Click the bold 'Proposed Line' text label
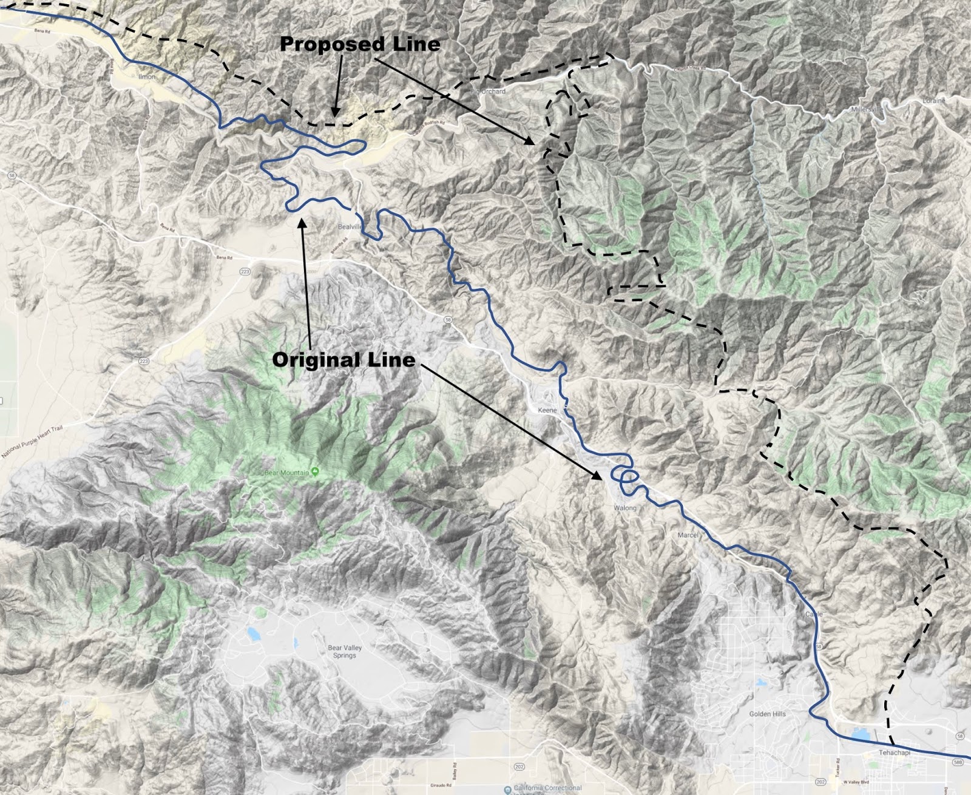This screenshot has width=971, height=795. (x=360, y=44)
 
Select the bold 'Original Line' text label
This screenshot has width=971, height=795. (x=343, y=360)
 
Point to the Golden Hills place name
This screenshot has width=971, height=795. (x=767, y=714)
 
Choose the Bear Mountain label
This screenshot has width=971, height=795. (x=287, y=473)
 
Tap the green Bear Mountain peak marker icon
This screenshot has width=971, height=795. (x=316, y=473)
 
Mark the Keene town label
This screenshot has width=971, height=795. (x=547, y=410)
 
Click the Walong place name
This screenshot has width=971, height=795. (x=625, y=508)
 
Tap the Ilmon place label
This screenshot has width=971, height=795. (x=146, y=77)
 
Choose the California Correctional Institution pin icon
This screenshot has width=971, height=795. (x=507, y=790)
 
